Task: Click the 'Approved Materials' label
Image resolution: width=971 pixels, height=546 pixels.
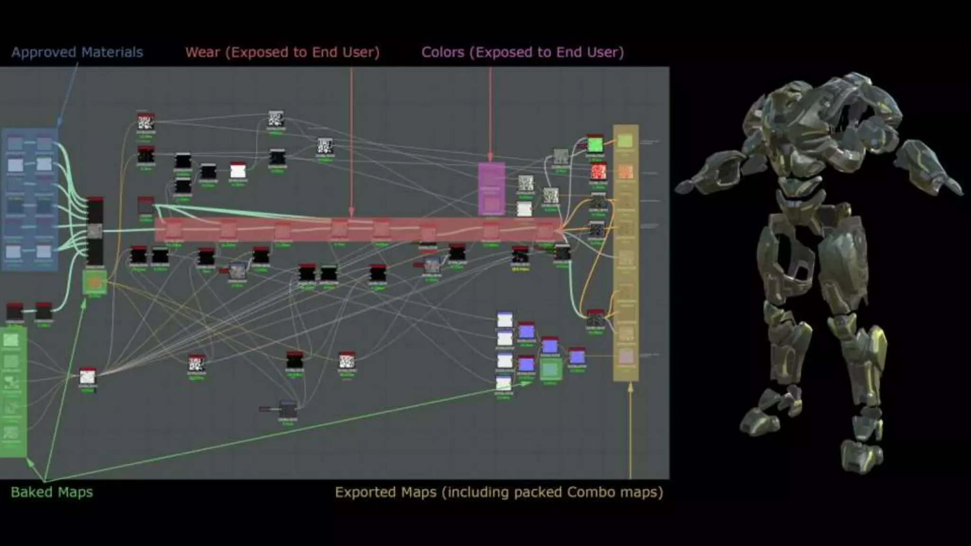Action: click(77, 52)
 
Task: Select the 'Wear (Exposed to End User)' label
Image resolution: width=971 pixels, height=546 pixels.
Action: click(282, 52)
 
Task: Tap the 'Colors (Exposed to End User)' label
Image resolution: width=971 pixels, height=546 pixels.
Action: click(522, 52)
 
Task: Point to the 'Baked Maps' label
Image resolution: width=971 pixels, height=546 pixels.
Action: click(52, 492)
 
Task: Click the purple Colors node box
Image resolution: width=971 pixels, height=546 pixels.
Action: click(491, 189)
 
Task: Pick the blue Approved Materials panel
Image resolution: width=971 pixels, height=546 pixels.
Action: click(29, 199)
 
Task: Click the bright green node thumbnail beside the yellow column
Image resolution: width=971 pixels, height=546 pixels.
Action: click(595, 144)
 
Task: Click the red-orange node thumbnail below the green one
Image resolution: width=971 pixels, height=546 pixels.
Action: click(598, 172)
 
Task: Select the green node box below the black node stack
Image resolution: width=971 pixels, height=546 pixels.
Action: click(94, 282)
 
